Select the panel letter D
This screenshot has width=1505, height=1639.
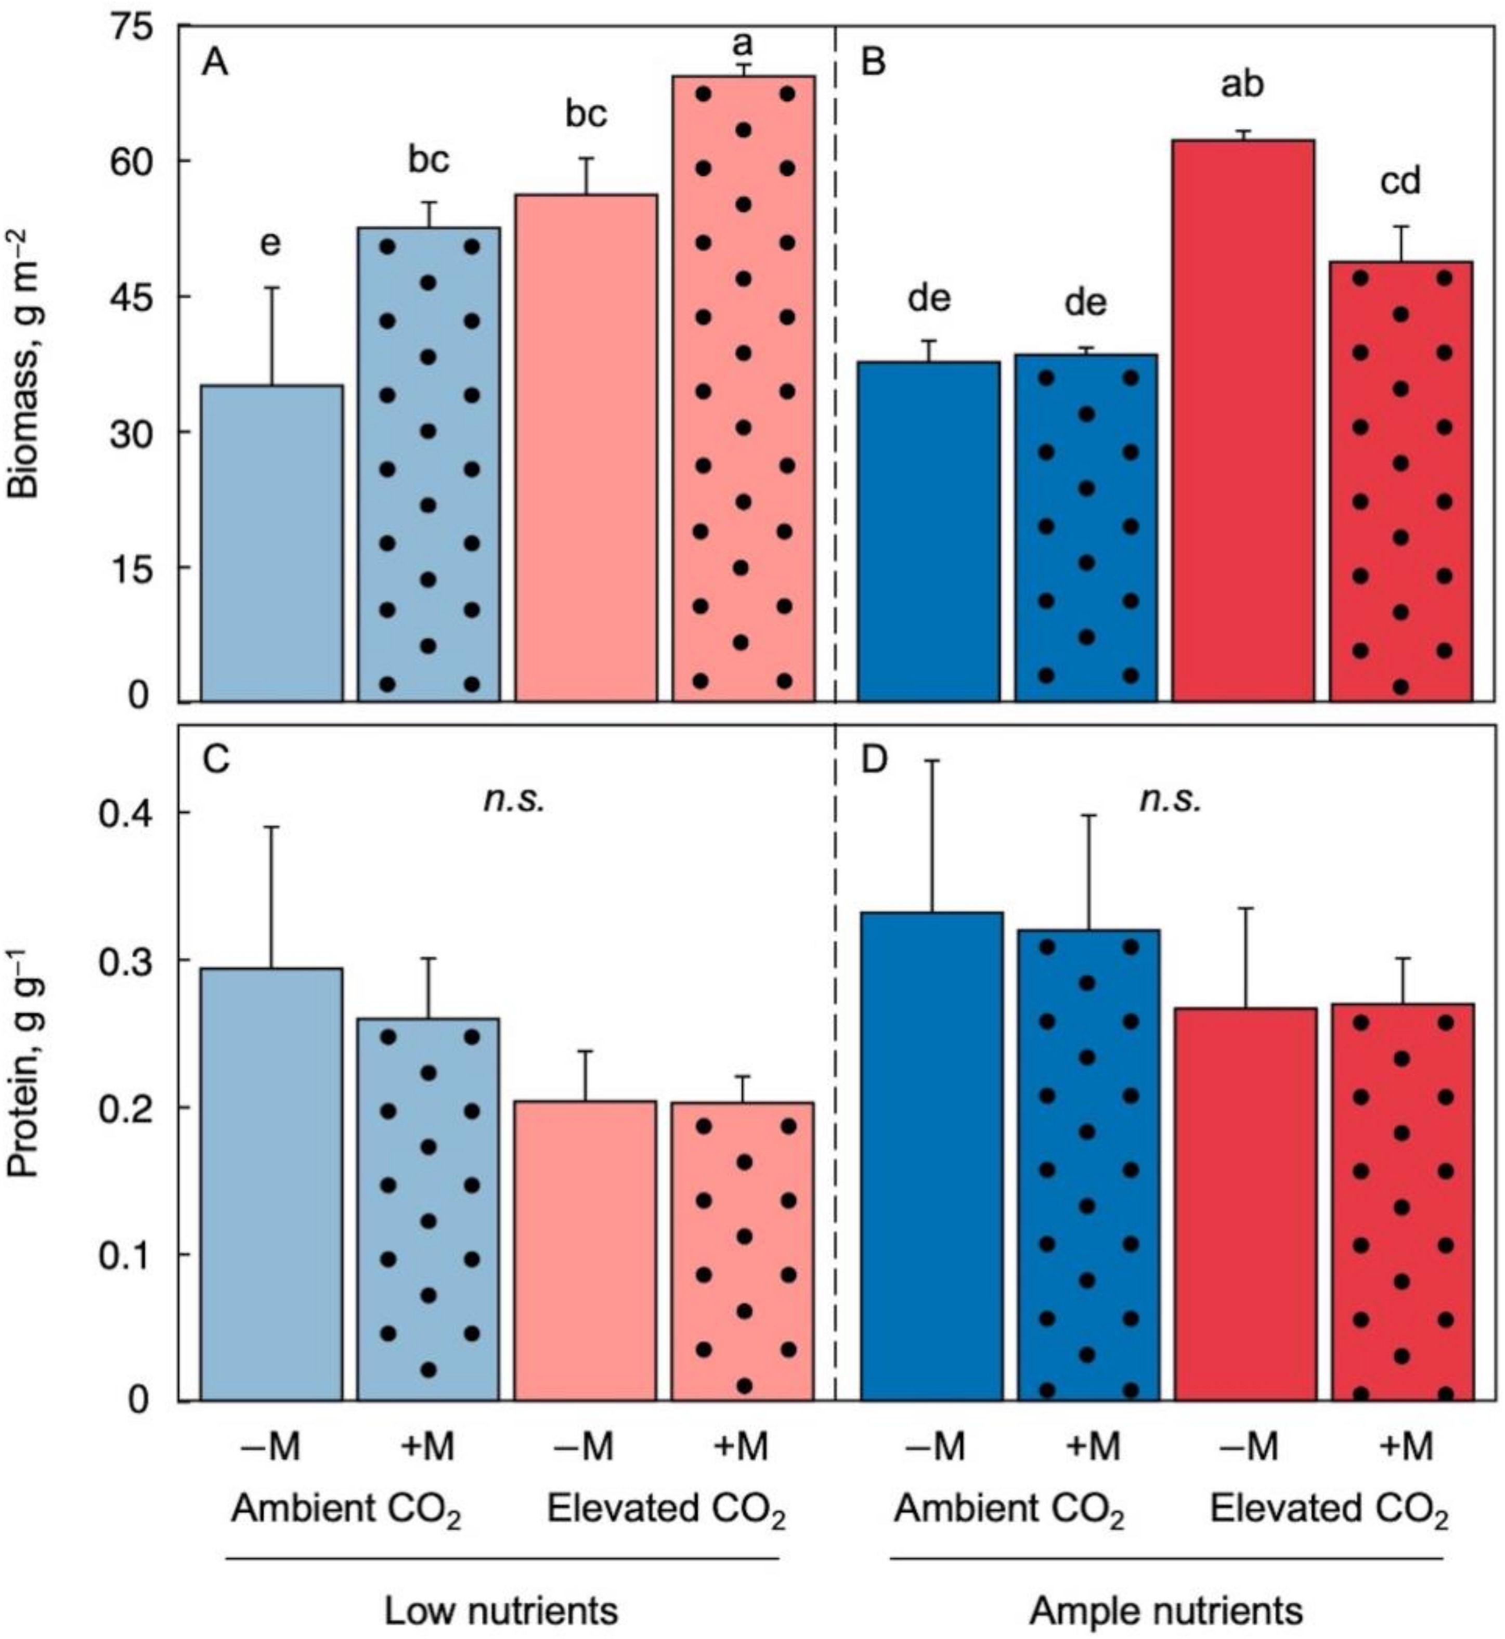873,760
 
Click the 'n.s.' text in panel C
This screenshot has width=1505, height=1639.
514,800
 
